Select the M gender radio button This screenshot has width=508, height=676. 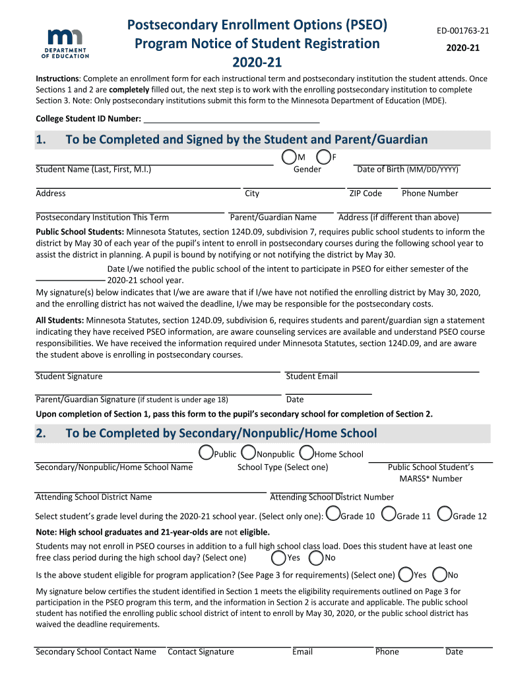[288, 157]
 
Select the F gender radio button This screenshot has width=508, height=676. [323, 157]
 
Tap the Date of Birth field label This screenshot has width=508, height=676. [407, 170]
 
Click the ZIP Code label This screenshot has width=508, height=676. [365, 193]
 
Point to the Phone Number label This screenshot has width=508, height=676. [429, 193]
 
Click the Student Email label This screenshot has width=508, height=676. [311, 376]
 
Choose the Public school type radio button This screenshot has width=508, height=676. [206, 454]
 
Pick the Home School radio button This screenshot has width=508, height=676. [306, 454]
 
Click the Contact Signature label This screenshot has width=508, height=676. [201, 652]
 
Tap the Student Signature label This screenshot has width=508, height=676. [69, 376]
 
